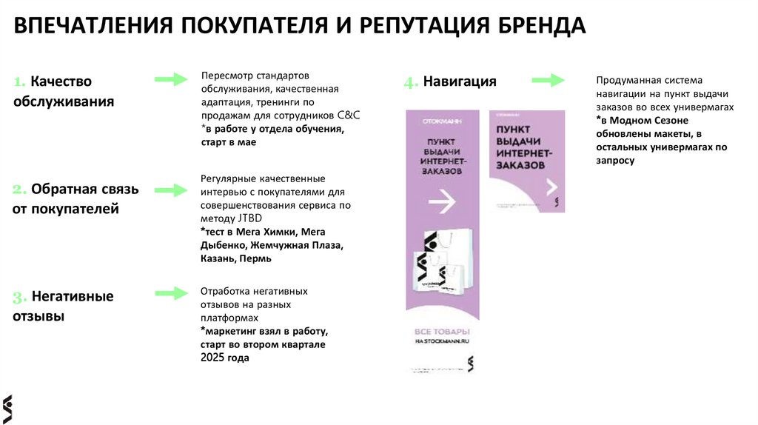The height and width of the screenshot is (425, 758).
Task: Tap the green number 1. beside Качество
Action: (20, 81)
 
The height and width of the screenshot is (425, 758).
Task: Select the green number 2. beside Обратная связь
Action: (20, 190)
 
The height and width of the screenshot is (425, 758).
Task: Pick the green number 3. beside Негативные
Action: (20, 298)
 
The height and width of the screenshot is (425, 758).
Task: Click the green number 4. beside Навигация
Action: (411, 83)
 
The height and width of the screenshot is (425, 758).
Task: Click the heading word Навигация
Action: (460, 81)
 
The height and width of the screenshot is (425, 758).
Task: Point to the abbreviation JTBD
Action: (249, 218)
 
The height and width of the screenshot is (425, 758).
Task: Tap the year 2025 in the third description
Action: (212, 358)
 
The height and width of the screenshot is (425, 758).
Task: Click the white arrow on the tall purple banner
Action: (443, 200)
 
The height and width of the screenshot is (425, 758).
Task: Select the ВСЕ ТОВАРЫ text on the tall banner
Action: (442, 330)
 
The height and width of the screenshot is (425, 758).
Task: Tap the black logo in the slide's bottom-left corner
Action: (7, 408)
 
